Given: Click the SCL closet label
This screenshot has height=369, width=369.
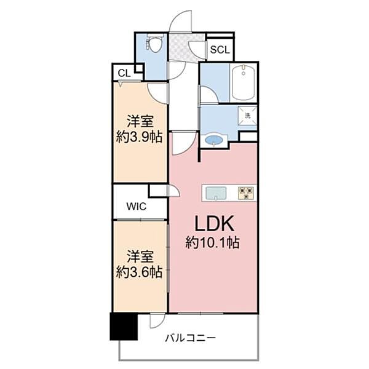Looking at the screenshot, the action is tap(220, 50).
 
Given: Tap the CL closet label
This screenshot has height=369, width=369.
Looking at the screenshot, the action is tap(124, 73).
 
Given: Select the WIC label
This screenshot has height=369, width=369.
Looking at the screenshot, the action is tap(137, 207).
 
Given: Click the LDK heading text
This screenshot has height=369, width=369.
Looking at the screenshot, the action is tap(215, 223).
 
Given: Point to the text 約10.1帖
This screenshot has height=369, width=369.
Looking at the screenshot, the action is tap(213, 242).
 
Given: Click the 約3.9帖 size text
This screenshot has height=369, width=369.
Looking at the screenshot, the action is tap(140, 137).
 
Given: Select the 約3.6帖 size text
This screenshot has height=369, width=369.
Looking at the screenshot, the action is tap(140, 272).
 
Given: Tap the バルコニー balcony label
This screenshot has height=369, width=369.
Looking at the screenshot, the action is tap(190, 338).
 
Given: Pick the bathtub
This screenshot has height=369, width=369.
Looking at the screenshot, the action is tap(244, 82).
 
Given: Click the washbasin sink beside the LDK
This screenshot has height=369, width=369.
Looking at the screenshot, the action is tap(213, 140).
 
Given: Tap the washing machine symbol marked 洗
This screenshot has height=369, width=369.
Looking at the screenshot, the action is tap(247, 116).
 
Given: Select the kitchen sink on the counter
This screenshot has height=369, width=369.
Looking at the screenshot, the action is tap(216, 194).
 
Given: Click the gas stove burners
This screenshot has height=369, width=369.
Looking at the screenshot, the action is tap(247, 193).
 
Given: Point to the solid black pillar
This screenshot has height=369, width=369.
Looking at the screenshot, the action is tap(124, 326).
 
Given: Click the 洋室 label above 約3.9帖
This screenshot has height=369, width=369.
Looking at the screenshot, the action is tap(140, 121).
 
